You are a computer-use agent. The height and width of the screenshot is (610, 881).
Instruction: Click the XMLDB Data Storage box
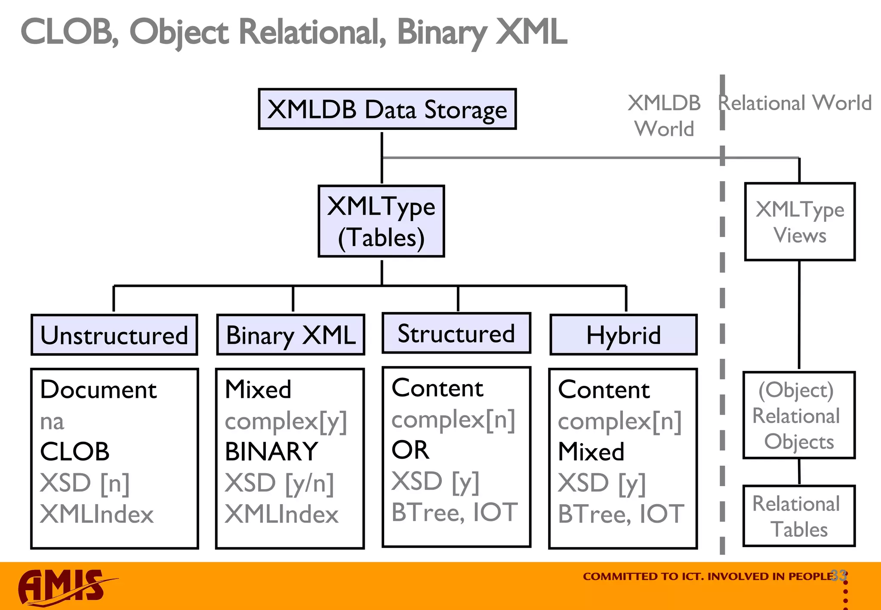[387, 109]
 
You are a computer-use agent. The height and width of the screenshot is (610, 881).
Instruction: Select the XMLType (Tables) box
[381, 222]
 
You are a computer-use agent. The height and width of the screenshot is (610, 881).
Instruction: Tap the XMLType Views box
[800, 222]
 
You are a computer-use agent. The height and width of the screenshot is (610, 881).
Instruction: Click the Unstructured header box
[114, 335]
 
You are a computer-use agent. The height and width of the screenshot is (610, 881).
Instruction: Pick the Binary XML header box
[291, 335]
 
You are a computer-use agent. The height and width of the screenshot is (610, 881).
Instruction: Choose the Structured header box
[456, 333]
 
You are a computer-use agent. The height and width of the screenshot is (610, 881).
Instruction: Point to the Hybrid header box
[623, 335]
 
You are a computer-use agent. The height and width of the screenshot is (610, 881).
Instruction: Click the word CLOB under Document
[75, 452]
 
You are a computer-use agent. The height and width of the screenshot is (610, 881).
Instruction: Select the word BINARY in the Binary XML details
[271, 452]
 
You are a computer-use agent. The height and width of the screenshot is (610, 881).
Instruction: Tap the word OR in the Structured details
[410, 450]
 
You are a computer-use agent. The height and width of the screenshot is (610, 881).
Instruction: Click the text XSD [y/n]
[279, 483]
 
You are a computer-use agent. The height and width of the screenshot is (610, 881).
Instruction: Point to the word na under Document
[52, 422]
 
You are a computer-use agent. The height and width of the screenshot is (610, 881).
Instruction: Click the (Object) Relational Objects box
[799, 416]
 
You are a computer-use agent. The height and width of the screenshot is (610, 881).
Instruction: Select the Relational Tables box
[799, 516]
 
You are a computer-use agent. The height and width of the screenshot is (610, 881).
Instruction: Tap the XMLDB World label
[664, 116]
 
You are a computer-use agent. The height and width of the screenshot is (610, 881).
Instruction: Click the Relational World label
[795, 103]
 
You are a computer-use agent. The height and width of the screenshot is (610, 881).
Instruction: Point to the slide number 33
[838, 575]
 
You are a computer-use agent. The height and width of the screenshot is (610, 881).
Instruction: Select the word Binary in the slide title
[442, 33]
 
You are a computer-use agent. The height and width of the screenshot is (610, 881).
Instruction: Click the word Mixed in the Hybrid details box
[591, 452]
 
